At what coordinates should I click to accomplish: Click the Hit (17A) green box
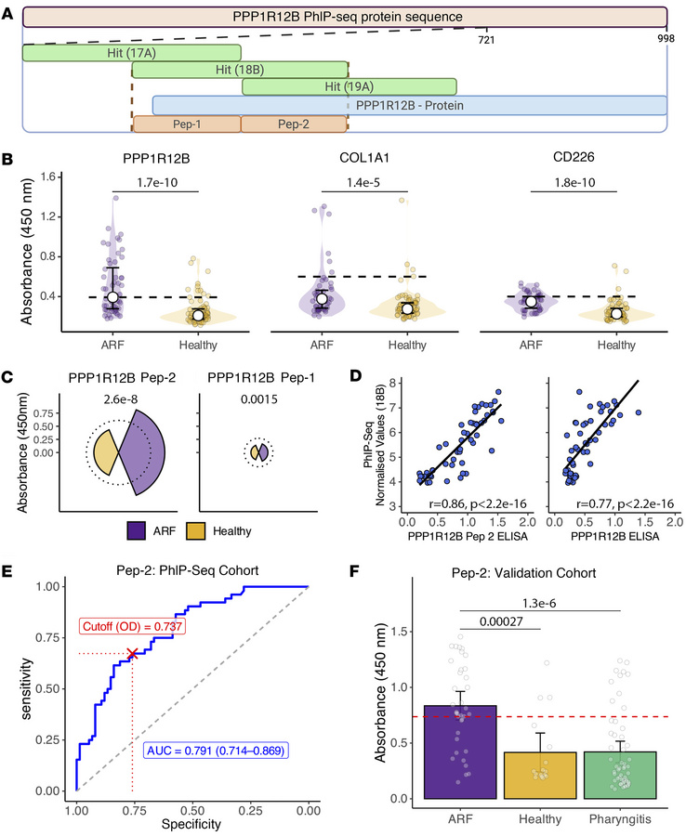click(x=131, y=54)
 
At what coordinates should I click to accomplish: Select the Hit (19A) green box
click(x=349, y=86)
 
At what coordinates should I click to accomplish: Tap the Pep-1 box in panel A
click(x=187, y=123)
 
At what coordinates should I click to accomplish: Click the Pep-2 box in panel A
click(x=294, y=123)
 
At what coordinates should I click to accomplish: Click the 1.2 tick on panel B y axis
click(x=42, y=216)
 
